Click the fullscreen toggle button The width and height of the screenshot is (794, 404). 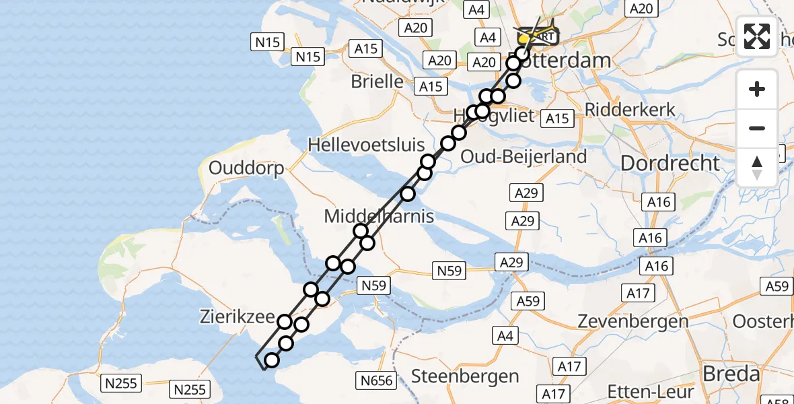pos(757,36)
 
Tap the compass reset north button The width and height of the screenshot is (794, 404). pos(757,168)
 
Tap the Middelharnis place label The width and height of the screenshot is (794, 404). pos(379,216)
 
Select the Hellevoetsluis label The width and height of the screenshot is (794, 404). pos(366,144)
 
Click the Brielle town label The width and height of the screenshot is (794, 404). pos(377,81)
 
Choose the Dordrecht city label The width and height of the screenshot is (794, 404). pos(670,163)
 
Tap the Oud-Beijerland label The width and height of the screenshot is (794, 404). pos(524,156)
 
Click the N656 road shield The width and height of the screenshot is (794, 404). pos(376,381)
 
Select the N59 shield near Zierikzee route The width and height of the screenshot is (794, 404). pos(373,285)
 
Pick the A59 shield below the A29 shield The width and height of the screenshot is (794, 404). pos(528,300)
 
